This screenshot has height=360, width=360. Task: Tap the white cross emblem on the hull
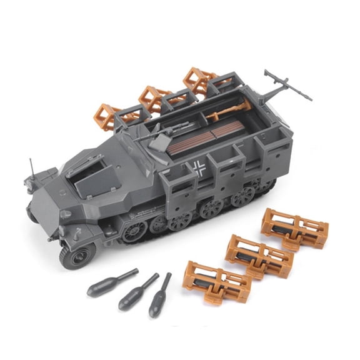tap(199, 167)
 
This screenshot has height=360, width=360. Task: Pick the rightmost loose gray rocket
tap(159, 294)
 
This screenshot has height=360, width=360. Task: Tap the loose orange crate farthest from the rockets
tap(293, 228)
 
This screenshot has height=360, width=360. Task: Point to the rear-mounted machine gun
tap(286, 85)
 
